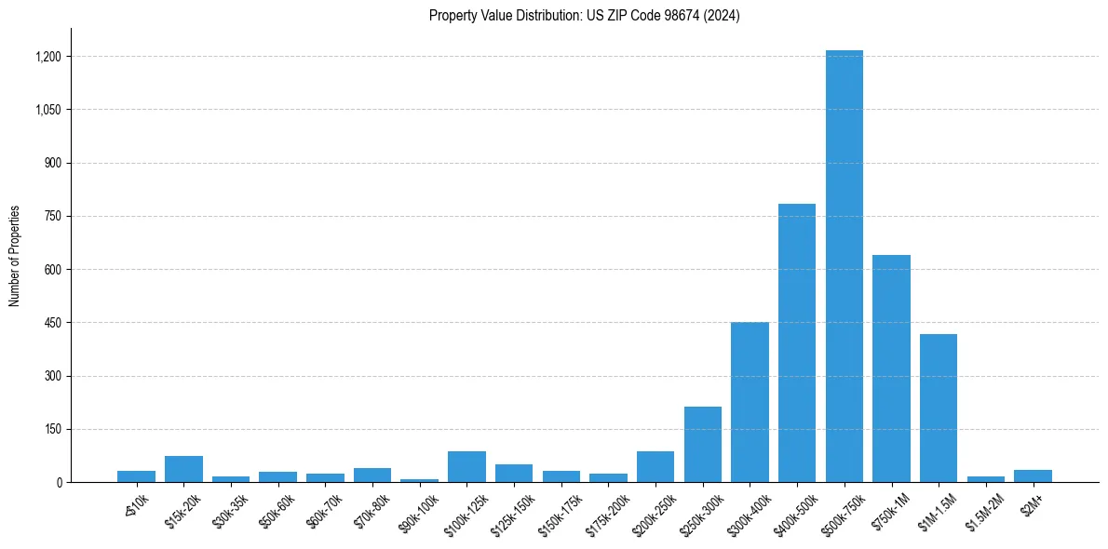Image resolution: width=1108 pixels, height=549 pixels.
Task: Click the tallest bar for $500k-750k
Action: pos(844,266)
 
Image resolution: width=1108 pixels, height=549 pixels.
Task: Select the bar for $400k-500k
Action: pos(797,342)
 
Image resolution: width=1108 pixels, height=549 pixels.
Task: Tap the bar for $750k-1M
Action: pos(891,368)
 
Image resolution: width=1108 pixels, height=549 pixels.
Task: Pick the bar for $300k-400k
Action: pos(750,402)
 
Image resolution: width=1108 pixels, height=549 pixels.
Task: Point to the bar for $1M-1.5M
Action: pos(938,408)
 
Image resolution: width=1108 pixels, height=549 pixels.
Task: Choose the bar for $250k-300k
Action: pos(703,444)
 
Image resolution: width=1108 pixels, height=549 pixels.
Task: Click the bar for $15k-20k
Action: pos(183,469)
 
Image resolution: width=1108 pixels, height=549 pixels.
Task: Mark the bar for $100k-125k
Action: pos(466,466)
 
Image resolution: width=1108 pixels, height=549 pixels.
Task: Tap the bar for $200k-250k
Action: pos(655,466)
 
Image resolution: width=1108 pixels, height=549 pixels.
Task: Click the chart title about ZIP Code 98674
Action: pos(585,16)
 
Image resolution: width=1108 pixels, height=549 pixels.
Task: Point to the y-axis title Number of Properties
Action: pos(15,256)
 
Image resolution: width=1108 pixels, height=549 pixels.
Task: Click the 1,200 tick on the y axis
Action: pos(47,57)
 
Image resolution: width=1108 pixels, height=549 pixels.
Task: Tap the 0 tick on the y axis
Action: pos(58,482)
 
